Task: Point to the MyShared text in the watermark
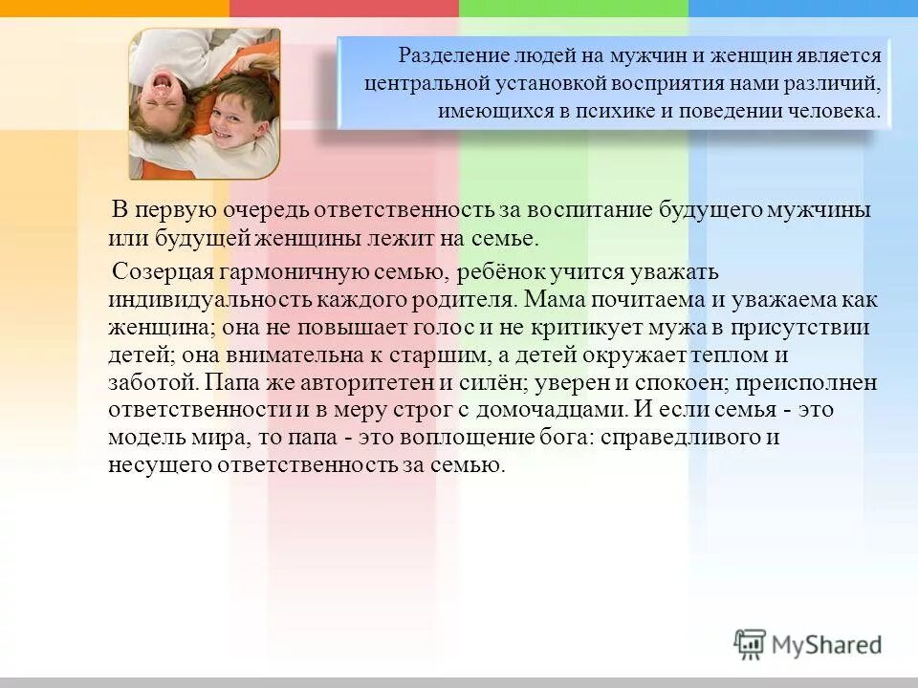[827, 645]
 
